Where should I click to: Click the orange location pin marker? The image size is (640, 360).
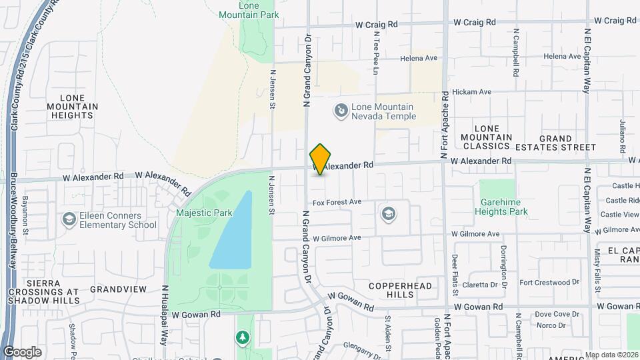(x=321, y=159)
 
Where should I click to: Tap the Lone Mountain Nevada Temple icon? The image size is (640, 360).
(x=341, y=110)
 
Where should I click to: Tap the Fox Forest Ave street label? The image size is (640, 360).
(x=337, y=201)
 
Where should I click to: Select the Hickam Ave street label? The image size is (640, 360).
(x=471, y=92)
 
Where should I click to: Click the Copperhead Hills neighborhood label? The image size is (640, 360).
(x=400, y=290)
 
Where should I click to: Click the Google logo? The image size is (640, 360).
(x=23, y=351)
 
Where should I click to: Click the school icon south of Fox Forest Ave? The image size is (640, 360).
(x=388, y=214)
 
